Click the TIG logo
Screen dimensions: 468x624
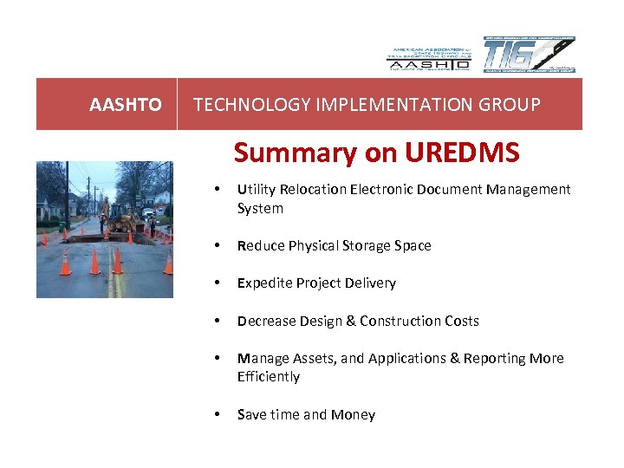tap(529, 55)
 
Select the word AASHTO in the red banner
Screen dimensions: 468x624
tap(126, 105)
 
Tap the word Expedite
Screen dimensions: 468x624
tap(265, 283)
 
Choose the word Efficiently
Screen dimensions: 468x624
tap(269, 377)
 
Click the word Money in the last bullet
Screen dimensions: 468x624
tap(354, 415)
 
